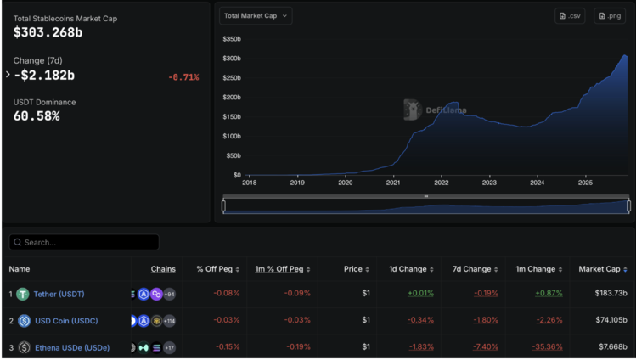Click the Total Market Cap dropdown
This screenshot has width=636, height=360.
pyautogui.click(x=256, y=15)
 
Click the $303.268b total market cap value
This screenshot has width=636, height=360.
pyautogui.click(x=48, y=32)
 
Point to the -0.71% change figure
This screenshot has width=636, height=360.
pyautogui.click(x=183, y=77)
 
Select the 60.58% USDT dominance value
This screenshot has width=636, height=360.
pyautogui.click(x=37, y=115)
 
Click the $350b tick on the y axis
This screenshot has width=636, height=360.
pyautogui.click(x=231, y=39)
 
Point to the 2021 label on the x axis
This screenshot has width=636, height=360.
pyautogui.click(x=393, y=183)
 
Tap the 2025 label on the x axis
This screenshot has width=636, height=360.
pyautogui.click(x=585, y=183)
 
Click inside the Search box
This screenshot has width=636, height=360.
pyautogui.click(x=85, y=242)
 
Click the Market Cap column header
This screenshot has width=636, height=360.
pyautogui.click(x=602, y=269)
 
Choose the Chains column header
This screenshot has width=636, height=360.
pyautogui.click(x=163, y=269)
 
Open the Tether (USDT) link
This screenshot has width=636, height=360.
pyautogui.click(x=59, y=294)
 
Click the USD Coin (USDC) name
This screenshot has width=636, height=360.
pyautogui.click(x=65, y=321)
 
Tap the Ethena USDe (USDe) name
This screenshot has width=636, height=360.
pyautogui.click(x=71, y=347)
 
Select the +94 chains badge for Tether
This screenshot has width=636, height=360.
pyautogui.click(x=170, y=294)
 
